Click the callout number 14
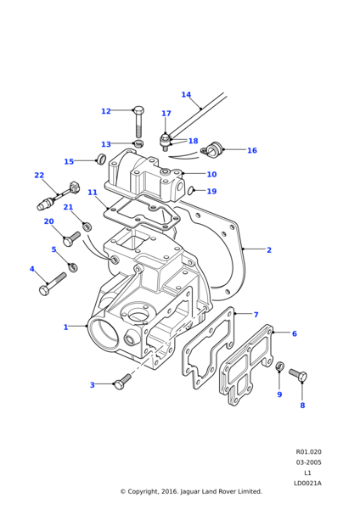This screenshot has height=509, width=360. pos(186,94)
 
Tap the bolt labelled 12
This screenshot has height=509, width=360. pos(139,121)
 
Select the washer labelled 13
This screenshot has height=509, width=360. pos(139,143)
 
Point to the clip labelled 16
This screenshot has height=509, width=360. pos(211,150)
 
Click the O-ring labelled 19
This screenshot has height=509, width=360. pos(191,191)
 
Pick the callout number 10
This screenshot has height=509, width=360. pos(211,174)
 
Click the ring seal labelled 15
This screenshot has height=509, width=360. pos(102,159)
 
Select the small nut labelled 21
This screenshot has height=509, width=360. pos(87,227)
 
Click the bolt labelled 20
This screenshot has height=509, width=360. pos(71,238)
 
